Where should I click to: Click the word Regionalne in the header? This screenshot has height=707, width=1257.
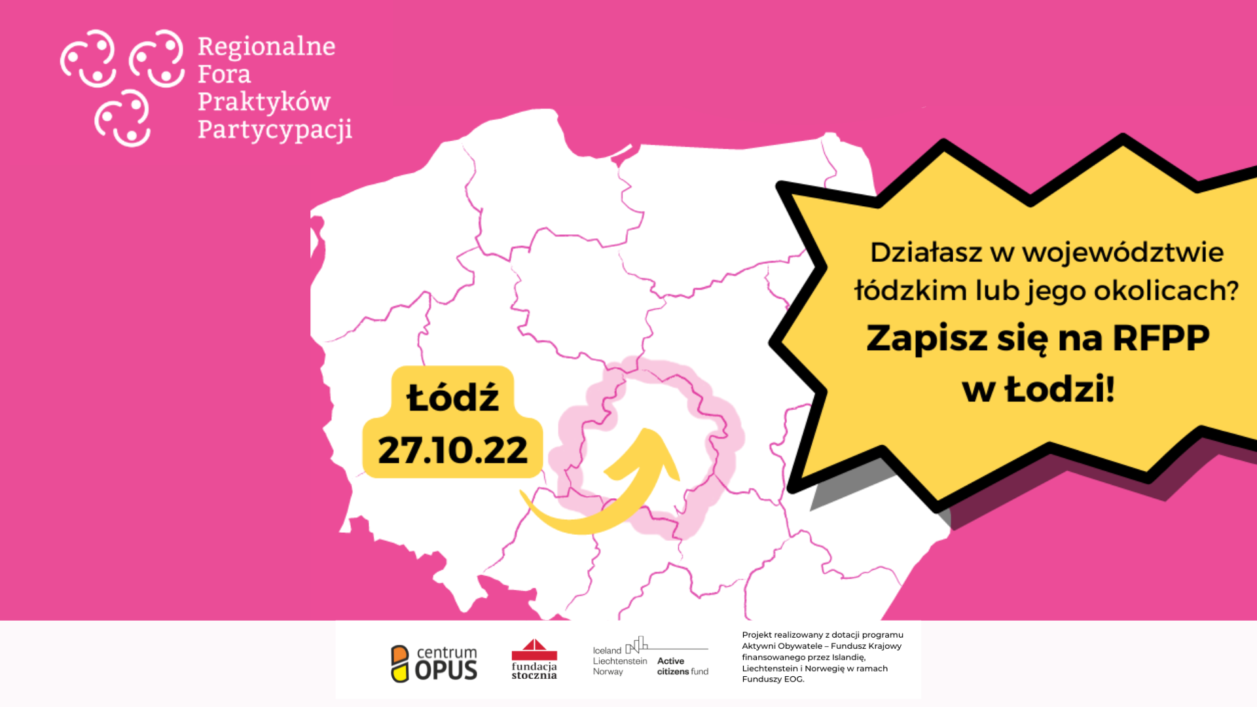tap(266, 46)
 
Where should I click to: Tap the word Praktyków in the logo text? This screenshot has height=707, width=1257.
tap(264, 102)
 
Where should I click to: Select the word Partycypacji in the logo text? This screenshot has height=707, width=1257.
tap(275, 130)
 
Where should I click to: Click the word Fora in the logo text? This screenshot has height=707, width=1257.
tap(224, 74)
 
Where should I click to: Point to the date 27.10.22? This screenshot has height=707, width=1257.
tap(452, 450)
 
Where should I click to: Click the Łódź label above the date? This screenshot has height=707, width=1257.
tap(452, 397)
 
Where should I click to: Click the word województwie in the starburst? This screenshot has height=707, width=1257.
tap(1123, 253)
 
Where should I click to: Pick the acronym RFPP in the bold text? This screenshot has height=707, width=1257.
tap(1161, 338)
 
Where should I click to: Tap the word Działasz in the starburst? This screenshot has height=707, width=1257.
tap(926, 253)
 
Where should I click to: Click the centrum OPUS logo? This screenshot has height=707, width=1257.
tap(435, 663)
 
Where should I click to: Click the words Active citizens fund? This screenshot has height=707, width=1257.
tap(682, 666)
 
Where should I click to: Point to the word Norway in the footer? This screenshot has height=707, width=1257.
tap(608, 672)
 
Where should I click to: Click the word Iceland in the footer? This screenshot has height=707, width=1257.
tap(607, 651)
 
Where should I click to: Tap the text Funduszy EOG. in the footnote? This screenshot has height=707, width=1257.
tap(773, 680)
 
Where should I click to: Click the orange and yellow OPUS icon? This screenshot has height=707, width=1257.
tap(399, 664)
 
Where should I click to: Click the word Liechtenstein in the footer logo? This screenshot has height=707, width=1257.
tap(619, 661)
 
